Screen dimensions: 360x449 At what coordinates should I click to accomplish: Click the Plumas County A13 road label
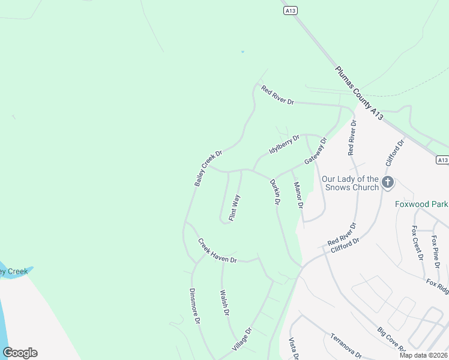tap(359, 92)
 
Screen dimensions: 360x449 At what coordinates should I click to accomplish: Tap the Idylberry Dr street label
tap(284, 145)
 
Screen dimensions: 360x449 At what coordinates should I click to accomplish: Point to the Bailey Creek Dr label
tap(208, 168)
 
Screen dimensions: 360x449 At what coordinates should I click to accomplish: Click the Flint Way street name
tap(234, 208)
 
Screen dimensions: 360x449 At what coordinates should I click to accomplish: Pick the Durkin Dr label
tap(275, 192)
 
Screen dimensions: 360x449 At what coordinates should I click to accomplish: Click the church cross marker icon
tap(388, 182)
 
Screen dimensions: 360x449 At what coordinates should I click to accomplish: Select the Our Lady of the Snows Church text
tap(351, 183)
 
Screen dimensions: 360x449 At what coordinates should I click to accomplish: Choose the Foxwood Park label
tap(421, 204)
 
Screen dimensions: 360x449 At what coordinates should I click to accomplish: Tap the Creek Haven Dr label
tap(218, 251)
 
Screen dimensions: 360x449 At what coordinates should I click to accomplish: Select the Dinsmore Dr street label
tap(194, 306)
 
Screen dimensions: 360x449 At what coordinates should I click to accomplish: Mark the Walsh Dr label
tap(224, 303)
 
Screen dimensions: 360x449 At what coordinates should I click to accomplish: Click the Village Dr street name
tap(242, 339)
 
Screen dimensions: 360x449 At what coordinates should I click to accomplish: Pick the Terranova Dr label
tap(346, 345)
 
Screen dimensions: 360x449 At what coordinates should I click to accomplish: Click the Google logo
tap(20, 353)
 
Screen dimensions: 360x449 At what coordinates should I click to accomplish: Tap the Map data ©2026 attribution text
tap(423, 355)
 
